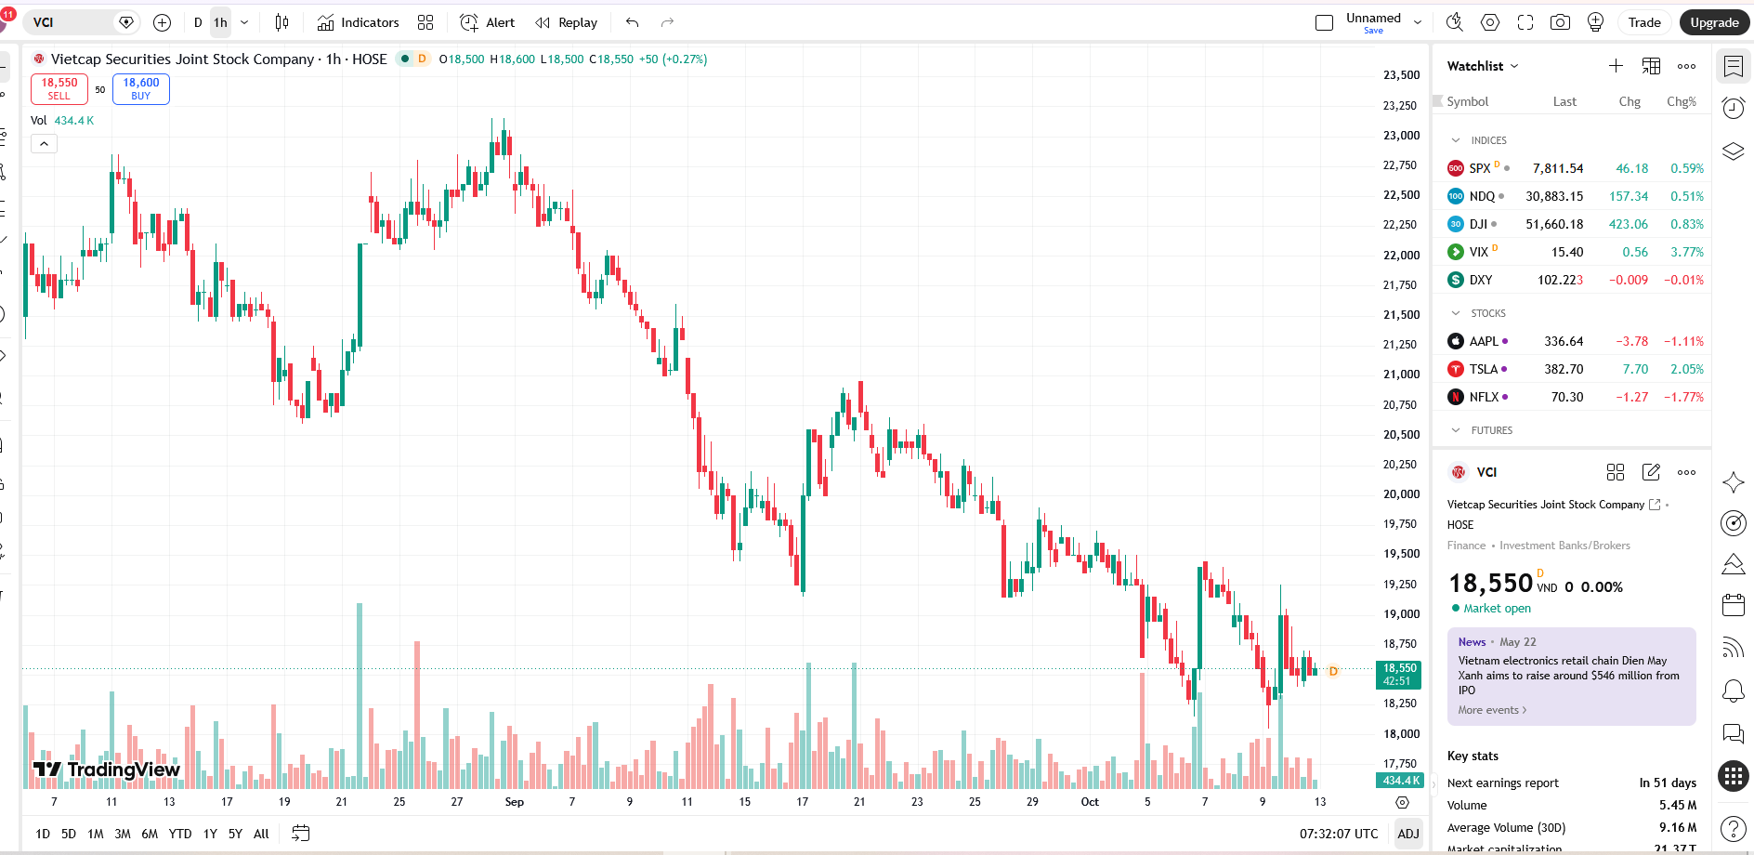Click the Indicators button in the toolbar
[358, 22]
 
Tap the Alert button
[488, 22]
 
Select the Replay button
[567, 22]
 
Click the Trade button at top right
[1644, 22]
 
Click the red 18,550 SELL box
[59, 89]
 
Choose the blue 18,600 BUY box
[141, 89]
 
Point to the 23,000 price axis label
[1401, 135]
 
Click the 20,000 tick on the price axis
[1401, 493]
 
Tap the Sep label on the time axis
[515, 801]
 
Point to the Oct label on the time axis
[1090, 801]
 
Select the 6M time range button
[150, 834]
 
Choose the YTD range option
[180, 834]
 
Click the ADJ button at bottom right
[1408, 834]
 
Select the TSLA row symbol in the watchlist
[1483, 369]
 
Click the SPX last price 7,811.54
[1558, 168]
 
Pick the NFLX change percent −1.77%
[1683, 397]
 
